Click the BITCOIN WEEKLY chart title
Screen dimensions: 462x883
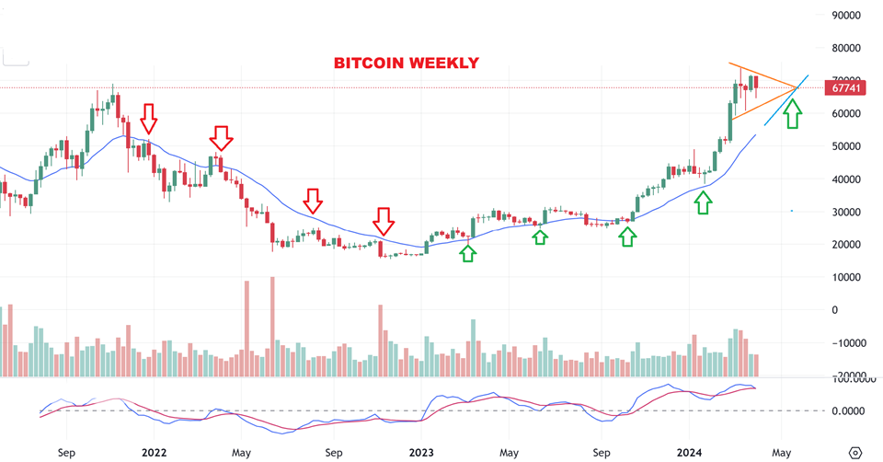(406, 64)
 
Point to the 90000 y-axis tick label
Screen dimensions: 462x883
(845, 16)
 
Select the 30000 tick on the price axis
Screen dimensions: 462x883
(845, 212)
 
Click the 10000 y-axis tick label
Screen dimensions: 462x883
(845, 277)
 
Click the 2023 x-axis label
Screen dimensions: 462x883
(421, 453)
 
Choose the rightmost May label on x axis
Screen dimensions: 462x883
(782, 453)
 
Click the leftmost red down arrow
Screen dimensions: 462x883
(149, 119)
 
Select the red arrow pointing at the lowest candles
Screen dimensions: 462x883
(384, 221)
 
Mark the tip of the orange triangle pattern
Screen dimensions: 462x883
(797, 88)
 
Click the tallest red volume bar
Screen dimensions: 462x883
(272, 327)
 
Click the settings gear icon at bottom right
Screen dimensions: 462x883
(855, 453)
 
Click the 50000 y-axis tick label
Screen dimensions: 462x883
(845, 146)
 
